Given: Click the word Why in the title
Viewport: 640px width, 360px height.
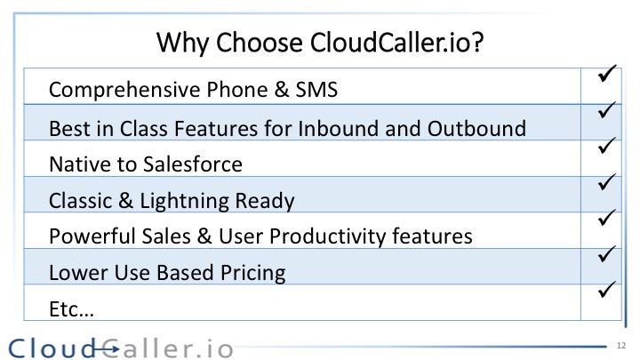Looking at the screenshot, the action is tap(182, 43).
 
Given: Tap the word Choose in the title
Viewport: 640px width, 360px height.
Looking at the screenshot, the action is tap(260, 42).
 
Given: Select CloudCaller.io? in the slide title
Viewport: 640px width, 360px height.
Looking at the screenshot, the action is tap(396, 42).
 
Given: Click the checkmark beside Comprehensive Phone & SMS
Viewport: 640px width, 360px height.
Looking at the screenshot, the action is tap(606, 74).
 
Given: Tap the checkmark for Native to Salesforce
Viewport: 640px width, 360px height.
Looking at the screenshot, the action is tap(606, 146).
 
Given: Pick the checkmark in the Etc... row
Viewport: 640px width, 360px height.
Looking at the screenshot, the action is tap(606, 290).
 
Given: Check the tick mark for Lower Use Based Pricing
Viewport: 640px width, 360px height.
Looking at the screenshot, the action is tap(606, 253).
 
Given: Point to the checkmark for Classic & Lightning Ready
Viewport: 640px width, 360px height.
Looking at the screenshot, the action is tap(606, 181).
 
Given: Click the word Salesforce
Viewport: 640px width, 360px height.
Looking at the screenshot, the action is tap(193, 164).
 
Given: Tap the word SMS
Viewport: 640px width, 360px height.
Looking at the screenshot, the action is tap(316, 90).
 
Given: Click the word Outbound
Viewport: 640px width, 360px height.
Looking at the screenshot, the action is tap(476, 128).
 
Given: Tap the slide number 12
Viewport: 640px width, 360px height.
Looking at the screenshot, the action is tap(621, 346).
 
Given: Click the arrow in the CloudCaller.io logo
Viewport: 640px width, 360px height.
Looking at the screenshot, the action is tap(106, 349).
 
